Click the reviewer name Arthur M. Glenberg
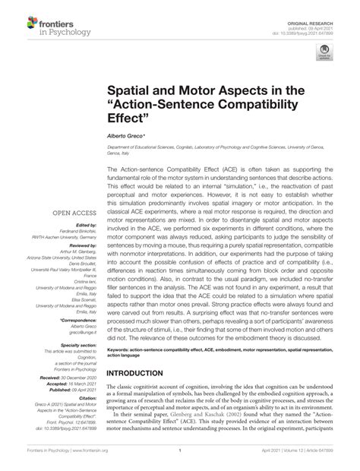coord(75,252)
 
